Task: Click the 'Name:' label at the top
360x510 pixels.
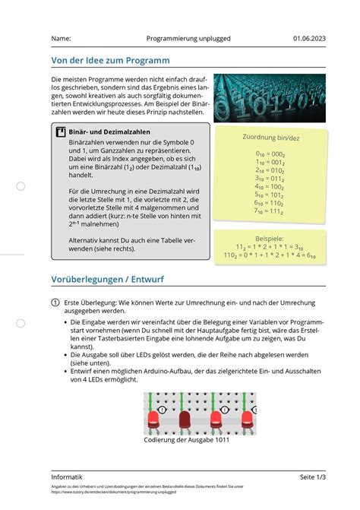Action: pos(62,38)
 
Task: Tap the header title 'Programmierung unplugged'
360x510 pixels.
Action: pos(188,38)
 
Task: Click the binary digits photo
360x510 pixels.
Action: pos(270,98)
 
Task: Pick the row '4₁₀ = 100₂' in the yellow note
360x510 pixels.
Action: pos(270,186)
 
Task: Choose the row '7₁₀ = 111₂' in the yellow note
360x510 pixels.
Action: pos(270,211)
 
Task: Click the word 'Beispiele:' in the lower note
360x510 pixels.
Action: pos(270,239)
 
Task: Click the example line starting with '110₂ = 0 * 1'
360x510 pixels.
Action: pos(270,255)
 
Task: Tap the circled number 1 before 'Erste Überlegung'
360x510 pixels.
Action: pos(55,302)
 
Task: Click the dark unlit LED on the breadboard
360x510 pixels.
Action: pos(185,418)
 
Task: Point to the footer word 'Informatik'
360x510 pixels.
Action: pos(67,477)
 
